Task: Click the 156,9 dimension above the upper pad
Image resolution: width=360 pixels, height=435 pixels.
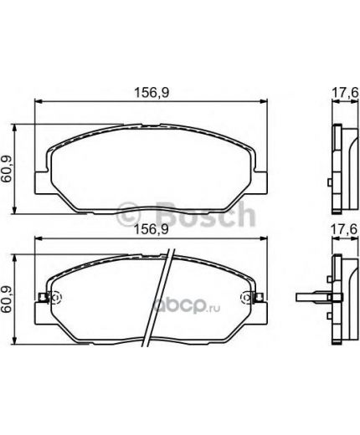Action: [152, 92]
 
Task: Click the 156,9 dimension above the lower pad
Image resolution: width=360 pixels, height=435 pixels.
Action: [152, 229]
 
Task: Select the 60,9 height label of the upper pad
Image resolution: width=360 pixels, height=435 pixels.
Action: [6, 169]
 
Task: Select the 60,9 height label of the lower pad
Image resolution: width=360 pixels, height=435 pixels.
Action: [6, 299]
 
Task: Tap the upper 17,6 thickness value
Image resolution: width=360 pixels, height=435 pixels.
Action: [345, 93]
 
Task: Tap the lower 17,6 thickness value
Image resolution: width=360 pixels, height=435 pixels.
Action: [344, 229]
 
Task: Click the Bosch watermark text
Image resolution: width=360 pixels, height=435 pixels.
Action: [205, 214]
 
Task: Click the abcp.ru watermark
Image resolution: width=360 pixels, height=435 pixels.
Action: [187, 307]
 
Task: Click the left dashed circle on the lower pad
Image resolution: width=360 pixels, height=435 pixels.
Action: [55, 298]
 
